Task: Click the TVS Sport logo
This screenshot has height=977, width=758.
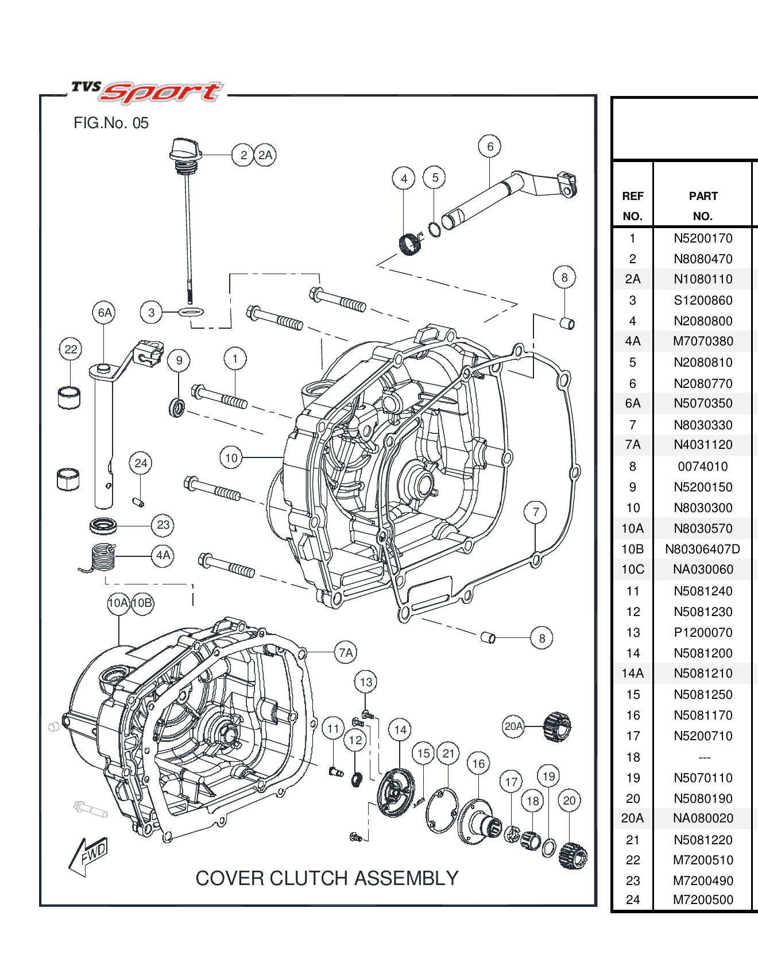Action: tap(147, 92)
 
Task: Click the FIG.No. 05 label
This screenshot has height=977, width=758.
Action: tap(111, 123)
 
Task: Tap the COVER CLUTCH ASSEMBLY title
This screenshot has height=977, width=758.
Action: tap(327, 878)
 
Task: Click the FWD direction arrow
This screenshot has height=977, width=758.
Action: tap(88, 856)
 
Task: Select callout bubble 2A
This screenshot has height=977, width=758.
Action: tap(265, 155)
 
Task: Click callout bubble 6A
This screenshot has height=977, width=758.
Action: tap(104, 313)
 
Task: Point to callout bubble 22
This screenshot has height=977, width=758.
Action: tap(71, 349)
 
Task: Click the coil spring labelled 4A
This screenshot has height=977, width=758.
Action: tap(103, 557)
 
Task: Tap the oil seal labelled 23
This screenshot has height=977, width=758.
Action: tap(104, 525)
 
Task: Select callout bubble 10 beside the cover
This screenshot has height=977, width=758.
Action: tap(231, 458)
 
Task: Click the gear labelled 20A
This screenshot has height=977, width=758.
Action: tap(557, 726)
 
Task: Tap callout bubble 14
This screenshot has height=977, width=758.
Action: tap(400, 730)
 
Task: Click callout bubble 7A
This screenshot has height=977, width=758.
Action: tap(346, 653)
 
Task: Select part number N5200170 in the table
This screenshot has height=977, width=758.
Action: tap(703, 238)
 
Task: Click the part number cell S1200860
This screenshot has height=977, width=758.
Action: tap(703, 300)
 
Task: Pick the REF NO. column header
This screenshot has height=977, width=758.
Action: tap(632, 206)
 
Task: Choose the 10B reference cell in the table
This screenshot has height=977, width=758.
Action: tap(632, 549)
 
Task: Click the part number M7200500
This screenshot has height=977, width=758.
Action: tap(703, 899)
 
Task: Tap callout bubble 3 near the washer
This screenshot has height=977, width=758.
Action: tap(151, 313)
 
